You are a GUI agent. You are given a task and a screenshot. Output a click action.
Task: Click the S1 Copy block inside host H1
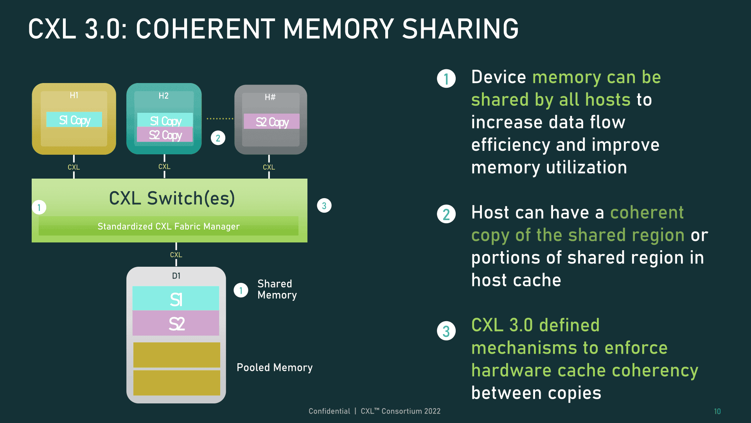74,119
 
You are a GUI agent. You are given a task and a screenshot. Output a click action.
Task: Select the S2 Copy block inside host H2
165,135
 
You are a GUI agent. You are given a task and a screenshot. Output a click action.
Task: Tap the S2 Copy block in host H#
271,121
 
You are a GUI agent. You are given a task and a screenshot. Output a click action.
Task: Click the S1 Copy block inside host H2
165,120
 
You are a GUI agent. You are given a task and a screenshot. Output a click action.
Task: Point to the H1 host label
74,95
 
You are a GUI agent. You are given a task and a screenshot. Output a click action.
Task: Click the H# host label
270,97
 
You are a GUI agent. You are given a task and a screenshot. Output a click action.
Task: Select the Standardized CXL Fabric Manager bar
169,226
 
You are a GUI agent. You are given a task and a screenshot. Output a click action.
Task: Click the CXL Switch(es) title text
172,198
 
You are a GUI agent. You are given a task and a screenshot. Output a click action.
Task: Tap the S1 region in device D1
176,298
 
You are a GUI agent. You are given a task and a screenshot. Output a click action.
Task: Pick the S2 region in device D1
176,323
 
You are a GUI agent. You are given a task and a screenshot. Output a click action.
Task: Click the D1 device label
176,276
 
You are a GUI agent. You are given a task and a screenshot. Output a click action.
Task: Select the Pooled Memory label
275,367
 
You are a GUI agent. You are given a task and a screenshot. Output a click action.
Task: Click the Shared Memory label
277,289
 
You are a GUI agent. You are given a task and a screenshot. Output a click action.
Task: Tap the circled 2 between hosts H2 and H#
218,138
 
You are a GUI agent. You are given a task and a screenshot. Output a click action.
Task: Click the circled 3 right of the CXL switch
324,206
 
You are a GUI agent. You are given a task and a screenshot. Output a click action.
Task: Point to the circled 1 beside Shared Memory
241,290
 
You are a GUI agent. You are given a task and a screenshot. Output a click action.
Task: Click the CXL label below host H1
74,167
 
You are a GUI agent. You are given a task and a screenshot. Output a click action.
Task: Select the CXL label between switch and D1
176,255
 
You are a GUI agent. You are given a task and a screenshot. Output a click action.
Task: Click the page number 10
717,411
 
